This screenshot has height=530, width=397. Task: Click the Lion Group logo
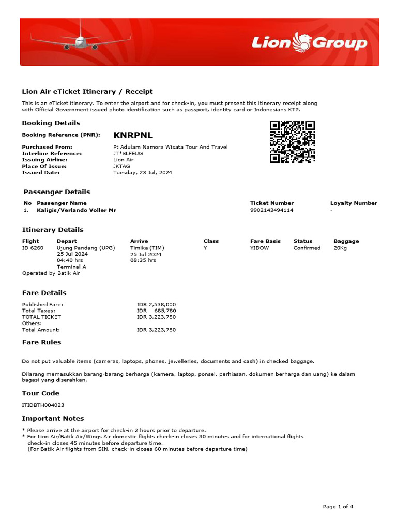click(x=309, y=42)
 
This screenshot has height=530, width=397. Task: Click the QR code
click(x=293, y=142)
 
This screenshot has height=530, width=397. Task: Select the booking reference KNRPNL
click(x=133, y=135)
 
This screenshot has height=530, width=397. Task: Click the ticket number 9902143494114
click(x=271, y=210)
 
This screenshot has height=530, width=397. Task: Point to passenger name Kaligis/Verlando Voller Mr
click(x=77, y=210)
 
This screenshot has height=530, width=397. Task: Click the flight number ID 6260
click(x=33, y=248)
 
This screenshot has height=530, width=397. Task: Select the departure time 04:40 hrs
click(x=70, y=260)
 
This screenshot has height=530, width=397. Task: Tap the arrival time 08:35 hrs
click(x=143, y=260)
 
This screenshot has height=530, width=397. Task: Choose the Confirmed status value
click(x=307, y=248)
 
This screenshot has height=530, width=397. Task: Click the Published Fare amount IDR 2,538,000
click(x=156, y=304)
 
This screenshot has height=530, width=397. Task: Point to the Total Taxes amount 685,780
click(x=165, y=311)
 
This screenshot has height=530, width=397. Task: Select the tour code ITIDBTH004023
click(x=43, y=405)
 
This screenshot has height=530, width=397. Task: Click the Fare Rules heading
click(x=41, y=342)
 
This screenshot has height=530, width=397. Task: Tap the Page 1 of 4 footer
click(x=338, y=507)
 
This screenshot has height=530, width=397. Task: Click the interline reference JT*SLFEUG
click(x=128, y=153)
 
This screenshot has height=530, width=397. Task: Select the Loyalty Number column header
click(x=354, y=203)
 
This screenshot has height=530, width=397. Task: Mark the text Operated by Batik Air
click(x=51, y=273)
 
